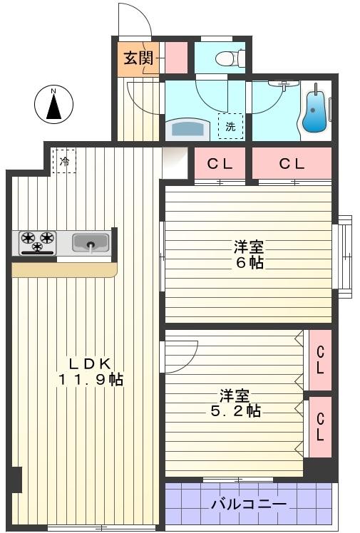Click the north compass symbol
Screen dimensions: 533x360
click(54, 105)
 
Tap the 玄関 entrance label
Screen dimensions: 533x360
click(138, 58)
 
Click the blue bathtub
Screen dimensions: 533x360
click(314, 113)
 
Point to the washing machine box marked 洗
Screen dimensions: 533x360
click(230, 126)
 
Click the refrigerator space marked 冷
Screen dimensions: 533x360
click(64, 161)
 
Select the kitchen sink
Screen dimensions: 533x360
click(91, 244)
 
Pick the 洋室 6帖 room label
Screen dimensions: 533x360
click(249, 254)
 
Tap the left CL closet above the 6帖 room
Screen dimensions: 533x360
click(220, 164)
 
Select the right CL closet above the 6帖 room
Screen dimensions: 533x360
click(291, 164)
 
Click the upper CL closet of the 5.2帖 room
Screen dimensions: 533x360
click(320, 360)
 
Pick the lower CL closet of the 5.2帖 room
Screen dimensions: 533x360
click(320, 426)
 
